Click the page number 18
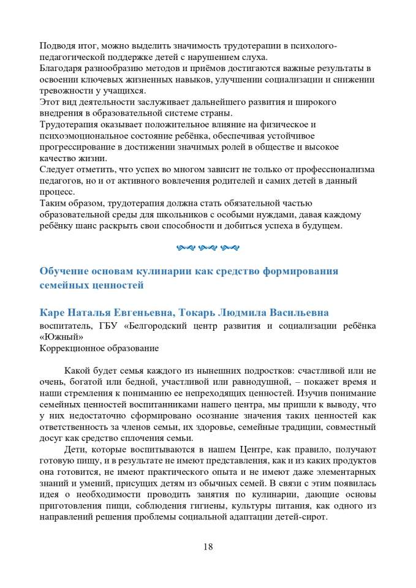click(208, 547)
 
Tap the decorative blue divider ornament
click(208, 248)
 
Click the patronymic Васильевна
click(295, 312)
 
